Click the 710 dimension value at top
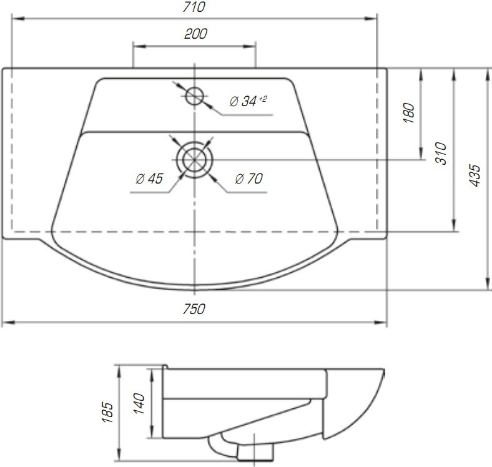[194, 7]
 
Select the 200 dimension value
[195, 34]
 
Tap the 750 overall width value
[194, 309]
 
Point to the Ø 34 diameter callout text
[243, 101]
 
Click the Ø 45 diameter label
[149, 179]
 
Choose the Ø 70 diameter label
[249, 179]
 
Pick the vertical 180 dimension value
[409, 112]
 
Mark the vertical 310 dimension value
[441, 153]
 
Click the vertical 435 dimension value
[475, 175]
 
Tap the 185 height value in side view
[107, 412]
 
